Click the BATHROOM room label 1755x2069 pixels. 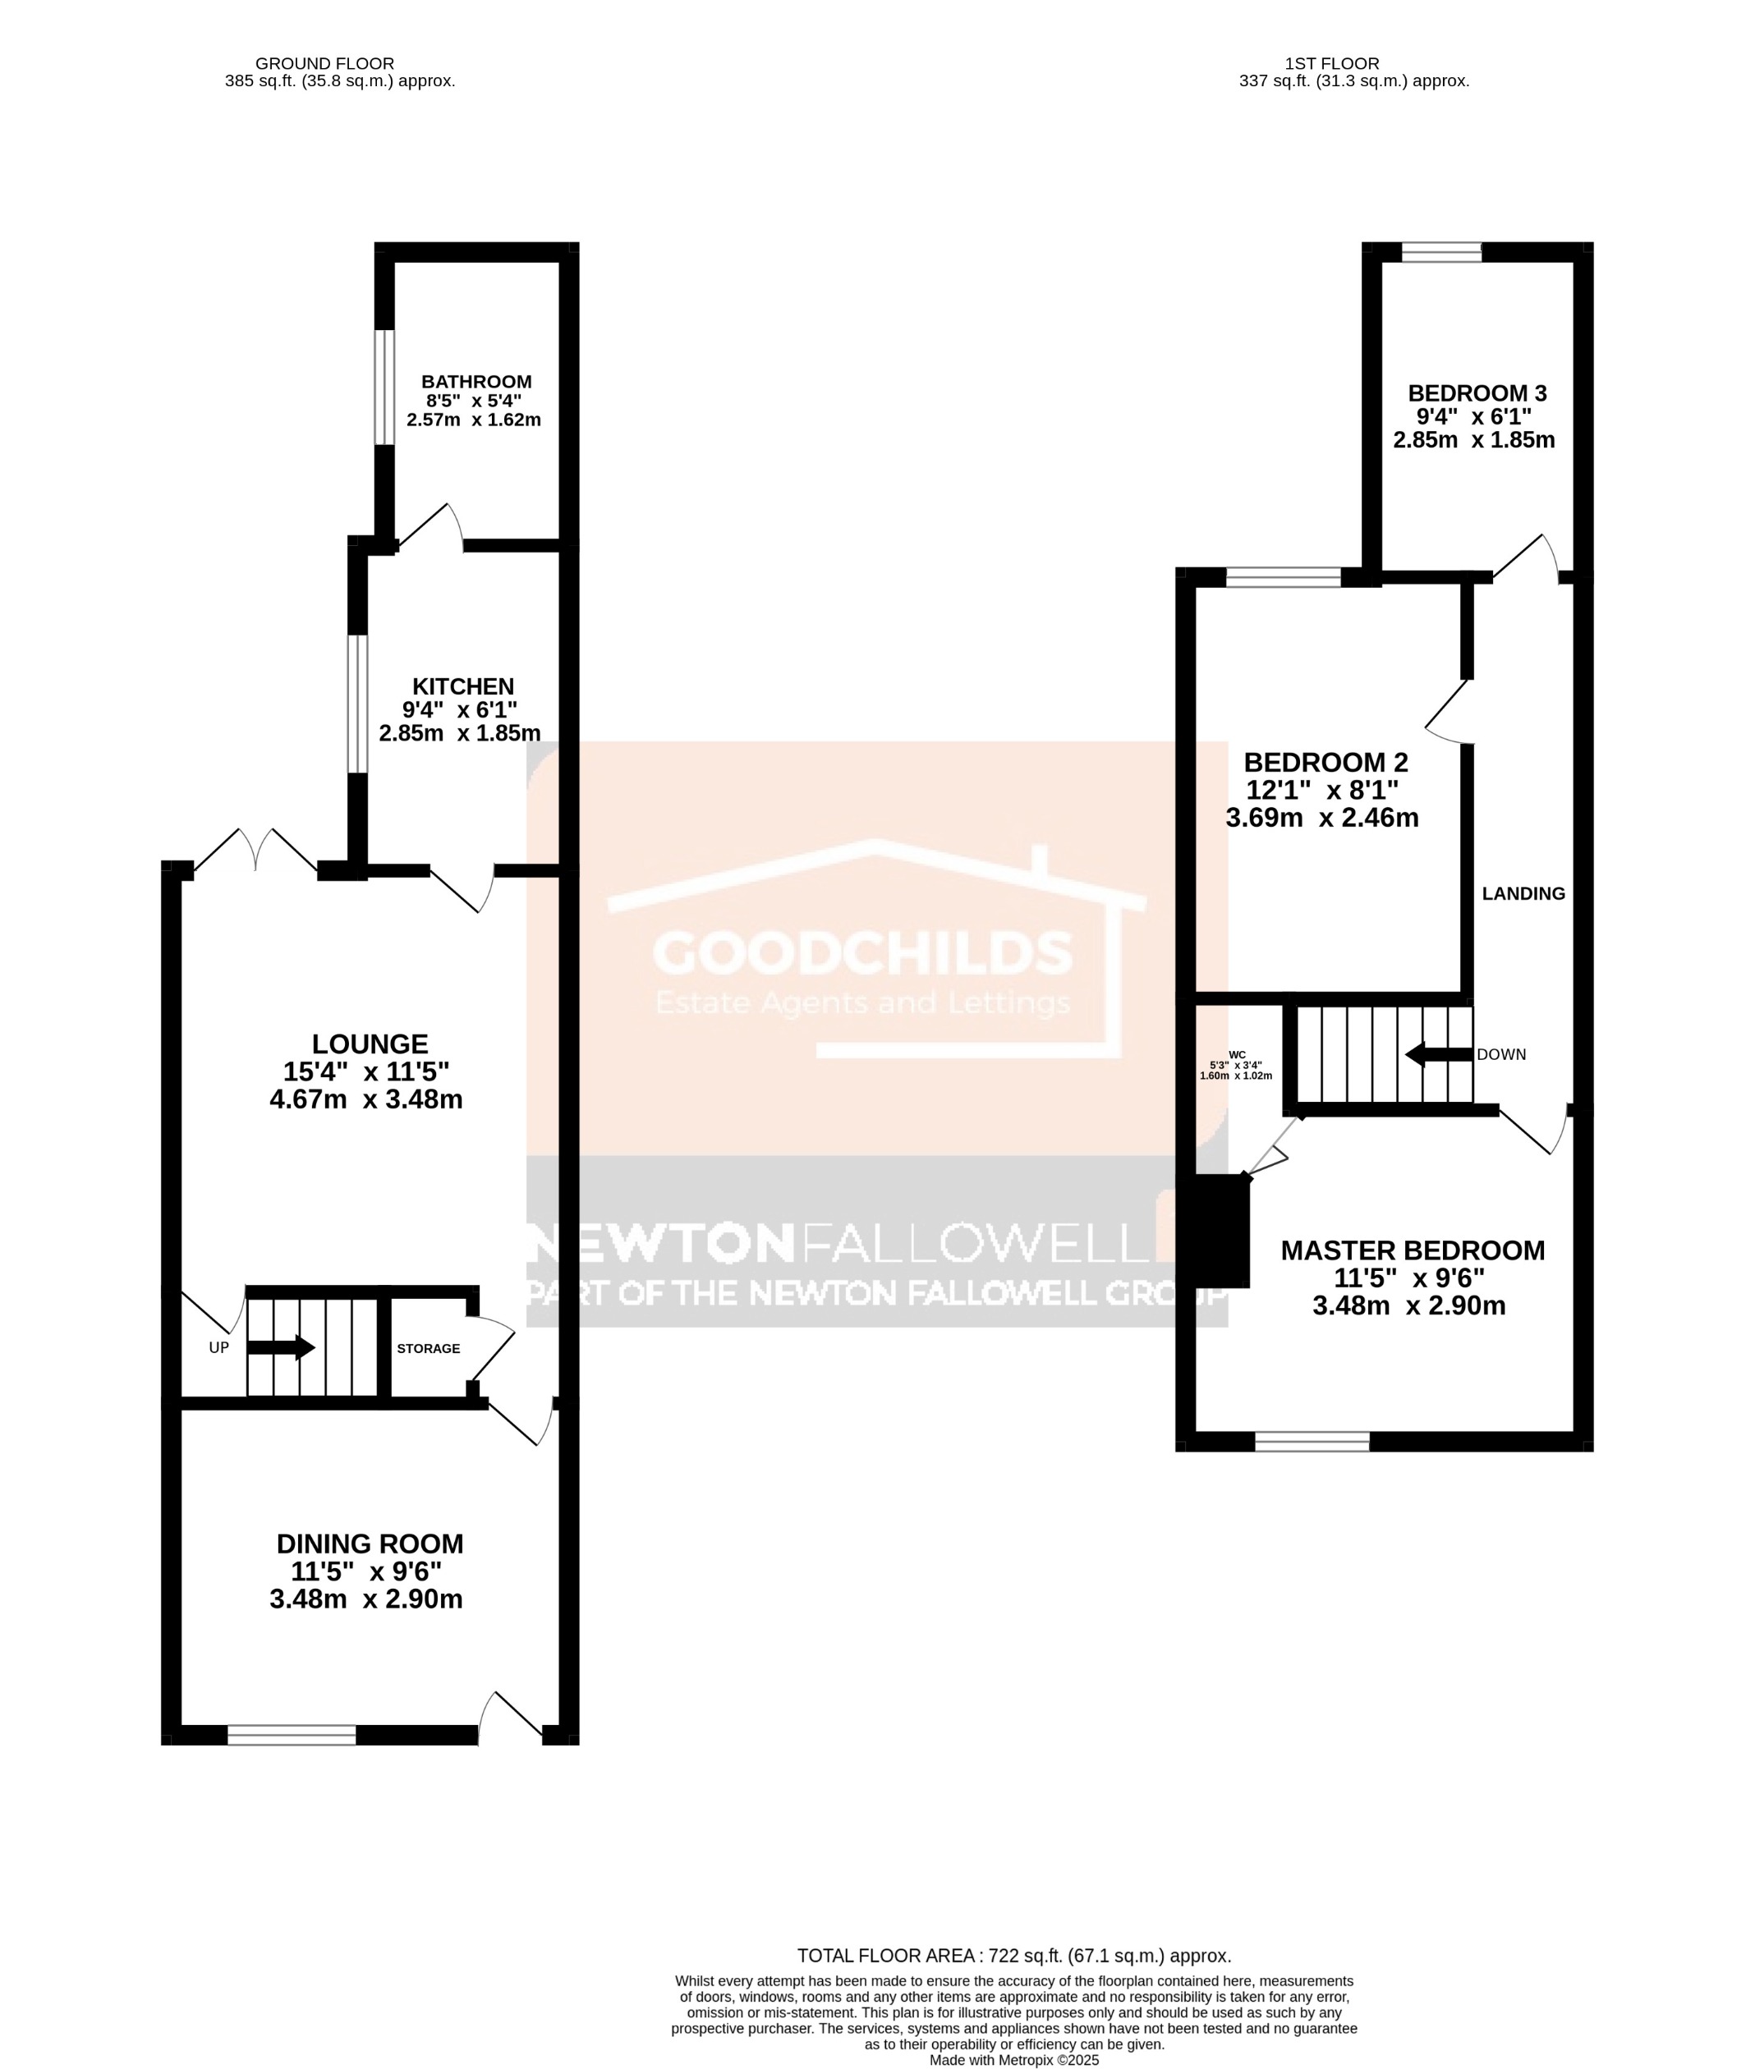tap(476, 382)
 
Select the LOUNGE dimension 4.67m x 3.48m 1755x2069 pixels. tap(366, 1099)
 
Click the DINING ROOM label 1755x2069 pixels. tap(370, 1544)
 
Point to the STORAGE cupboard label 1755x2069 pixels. tap(429, 1349)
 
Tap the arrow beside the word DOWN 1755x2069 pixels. tap(1438, 1054)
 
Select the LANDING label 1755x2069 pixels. tap(1523, 893)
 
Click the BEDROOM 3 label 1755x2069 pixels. tap(1477, 393)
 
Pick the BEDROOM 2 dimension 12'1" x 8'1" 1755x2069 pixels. tap(1322, 790)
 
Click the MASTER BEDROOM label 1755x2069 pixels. tap(1413, 1250)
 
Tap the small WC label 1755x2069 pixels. tap(1237, 1054)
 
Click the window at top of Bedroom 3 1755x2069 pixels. tap(1440, 254)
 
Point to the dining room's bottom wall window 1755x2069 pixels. tap(292, 1735)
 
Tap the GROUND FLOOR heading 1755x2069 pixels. tap(324, 64)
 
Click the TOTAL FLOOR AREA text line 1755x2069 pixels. tap(1013, 1956)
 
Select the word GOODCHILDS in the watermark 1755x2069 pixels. tap(862, 954)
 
